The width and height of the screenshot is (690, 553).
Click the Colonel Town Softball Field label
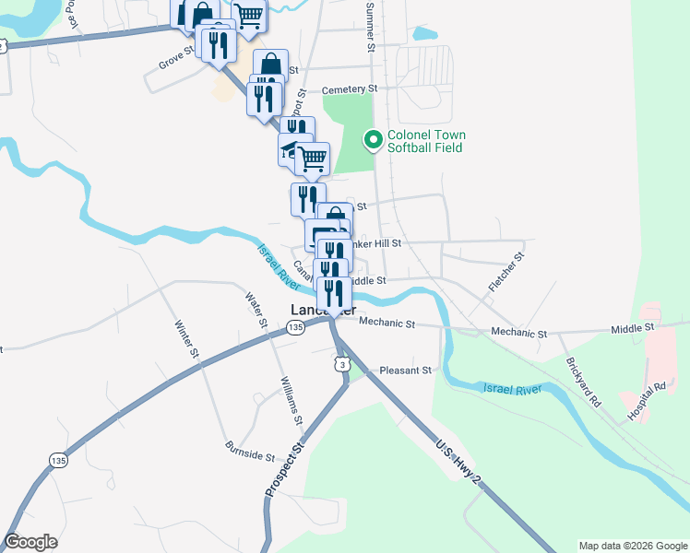coord(424,141)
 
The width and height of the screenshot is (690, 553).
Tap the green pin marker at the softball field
coord(374,140)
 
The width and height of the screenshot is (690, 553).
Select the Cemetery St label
coord(350,89)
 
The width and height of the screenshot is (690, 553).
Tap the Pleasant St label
coord(405,371)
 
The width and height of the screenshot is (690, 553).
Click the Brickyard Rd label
coord(583,383)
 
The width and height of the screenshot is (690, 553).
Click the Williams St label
coord(291,400)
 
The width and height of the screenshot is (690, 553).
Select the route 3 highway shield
coord(342,366)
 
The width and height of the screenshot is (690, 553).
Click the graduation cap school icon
coord(291,151)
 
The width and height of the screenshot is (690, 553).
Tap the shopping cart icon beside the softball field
coord(313,158)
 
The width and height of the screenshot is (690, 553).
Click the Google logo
coord(30,542)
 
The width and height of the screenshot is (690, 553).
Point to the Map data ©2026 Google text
coord(632,546)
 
